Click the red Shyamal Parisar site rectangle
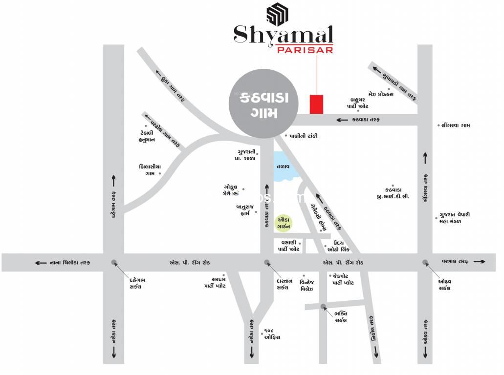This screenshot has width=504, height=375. pyautogui.click(x=317, y=104)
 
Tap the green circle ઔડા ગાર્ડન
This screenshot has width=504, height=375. pyautogui.click(x=285, y=223)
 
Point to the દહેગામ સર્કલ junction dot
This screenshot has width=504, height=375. pyautogui.click(x=114, y=262)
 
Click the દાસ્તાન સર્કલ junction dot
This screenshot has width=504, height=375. pyautogui.click(x=267, y=262)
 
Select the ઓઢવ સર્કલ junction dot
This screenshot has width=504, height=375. pyautogui.click(x=425, y=262)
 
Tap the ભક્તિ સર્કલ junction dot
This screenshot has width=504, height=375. pyautogui.click(x=323, y=307)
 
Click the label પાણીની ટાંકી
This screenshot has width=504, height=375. pyautogui.click(x=303, y=136)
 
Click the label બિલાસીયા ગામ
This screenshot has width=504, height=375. pyautogui.click(x=150, y=169)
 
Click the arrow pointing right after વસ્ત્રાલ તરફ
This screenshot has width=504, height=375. pyautogui.click(x=480, y=262)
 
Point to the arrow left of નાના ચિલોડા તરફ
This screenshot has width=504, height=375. pyautogui.click(x=40, y=263)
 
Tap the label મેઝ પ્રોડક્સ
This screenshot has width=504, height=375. pyautogui.click(x=381, y=94)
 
